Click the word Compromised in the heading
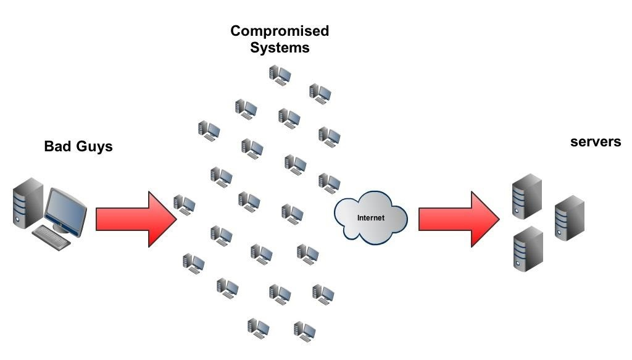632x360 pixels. point(280,31)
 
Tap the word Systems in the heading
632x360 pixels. point(280,48)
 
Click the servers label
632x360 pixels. point(596,142)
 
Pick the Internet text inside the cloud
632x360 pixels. point(371,218)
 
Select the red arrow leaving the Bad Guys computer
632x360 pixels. point(136,219)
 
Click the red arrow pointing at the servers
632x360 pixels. point(459,219)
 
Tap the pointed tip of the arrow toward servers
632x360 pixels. point(500,219)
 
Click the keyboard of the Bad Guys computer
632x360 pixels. point(51,238)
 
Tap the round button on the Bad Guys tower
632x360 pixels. point(17,220)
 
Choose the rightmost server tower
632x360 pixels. point(569,218)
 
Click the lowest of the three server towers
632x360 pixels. point(528,249)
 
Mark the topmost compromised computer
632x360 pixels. point(280,75)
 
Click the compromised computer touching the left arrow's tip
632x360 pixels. point(185,205)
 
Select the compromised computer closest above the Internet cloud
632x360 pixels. point(330,183)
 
